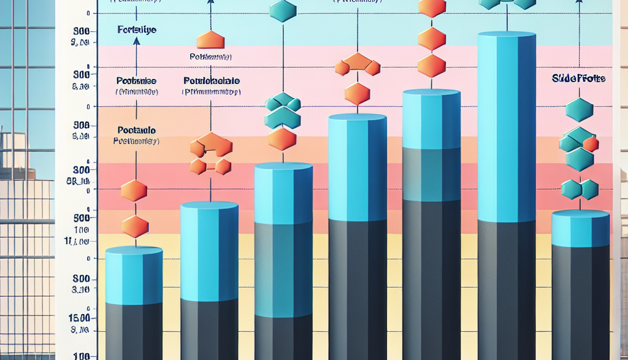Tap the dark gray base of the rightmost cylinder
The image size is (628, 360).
click(580, 301)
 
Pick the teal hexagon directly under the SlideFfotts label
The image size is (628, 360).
click(580, 110)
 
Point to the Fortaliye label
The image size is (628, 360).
click(136, 29)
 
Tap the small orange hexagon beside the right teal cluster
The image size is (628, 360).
click(591, 145)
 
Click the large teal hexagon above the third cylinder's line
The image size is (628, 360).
click(283, 10)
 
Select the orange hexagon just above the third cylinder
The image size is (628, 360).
click(282, 139)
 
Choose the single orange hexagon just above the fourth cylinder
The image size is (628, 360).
click(357, 94)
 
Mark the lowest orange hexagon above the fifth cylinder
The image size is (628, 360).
click(431, 65)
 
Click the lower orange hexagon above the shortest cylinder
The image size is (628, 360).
click(134, 226)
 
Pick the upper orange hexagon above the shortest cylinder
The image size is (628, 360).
click(134, 191)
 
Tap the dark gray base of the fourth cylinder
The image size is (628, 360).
click(357, 288)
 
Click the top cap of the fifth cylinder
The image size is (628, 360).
click(431, 93)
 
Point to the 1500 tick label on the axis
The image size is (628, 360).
click(81, 318)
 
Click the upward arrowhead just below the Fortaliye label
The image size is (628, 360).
click(136, 40)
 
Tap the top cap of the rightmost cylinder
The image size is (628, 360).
click(580, 214)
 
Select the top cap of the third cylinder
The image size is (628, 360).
click(283, 167)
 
